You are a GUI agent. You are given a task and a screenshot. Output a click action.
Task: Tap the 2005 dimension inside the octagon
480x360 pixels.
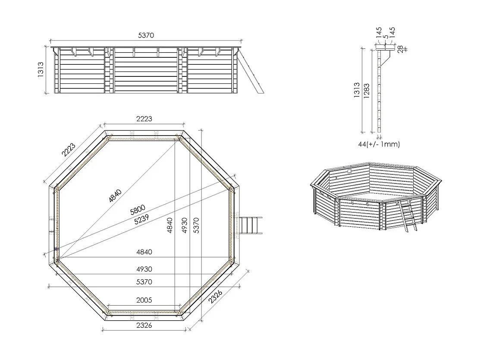pos(144,300)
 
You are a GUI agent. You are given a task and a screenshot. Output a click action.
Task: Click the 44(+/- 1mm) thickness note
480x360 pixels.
pos(379,144)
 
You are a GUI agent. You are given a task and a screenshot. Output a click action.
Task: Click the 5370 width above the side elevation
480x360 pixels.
pos(146,35)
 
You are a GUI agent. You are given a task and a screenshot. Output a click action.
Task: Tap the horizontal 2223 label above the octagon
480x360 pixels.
pos(144,119)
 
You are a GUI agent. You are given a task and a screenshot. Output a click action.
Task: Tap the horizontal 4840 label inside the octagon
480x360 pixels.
pos(144,252)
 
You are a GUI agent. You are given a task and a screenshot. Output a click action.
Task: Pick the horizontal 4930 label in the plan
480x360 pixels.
pos(144,269)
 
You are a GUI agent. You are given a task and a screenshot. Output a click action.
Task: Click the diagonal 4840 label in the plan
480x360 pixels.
pos(115,196)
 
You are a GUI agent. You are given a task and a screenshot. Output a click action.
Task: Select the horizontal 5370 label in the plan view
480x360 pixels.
pos(144,282)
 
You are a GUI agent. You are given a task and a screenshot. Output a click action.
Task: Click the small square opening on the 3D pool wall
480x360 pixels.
pos(349,171)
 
